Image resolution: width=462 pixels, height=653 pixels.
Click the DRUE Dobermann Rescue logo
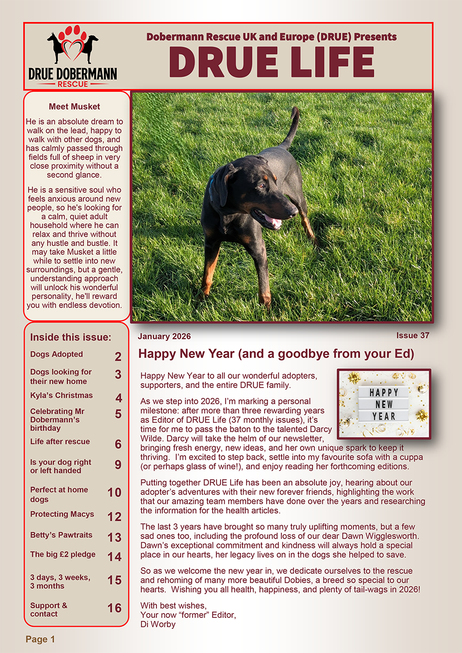pos(72,56)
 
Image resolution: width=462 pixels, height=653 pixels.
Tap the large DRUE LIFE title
pos(271,62)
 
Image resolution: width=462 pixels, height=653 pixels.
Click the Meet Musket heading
pos(74,107)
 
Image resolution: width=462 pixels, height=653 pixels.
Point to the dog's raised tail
pos(291,126)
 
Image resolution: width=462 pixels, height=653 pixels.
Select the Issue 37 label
pos(413,335)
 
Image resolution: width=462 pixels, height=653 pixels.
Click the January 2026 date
pos(164,336)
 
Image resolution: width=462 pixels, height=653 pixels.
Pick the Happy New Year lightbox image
pos(384,404)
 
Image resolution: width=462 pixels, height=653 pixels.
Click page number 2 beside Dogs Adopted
pos(118,357)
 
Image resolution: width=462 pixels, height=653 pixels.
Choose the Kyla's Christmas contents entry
pos(61,395)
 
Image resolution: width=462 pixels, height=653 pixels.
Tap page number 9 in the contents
pos(118,465)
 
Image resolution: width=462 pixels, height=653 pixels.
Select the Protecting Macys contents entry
pos(62,514)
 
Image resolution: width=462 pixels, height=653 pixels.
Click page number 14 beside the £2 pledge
pos(114,557)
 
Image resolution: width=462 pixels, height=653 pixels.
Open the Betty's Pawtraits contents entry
pos(61,535)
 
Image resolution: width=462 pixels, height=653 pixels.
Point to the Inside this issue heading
pos(70,337)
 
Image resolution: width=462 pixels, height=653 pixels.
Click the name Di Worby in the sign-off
pos(158,624)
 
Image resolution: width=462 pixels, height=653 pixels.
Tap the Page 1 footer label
pos(40,639)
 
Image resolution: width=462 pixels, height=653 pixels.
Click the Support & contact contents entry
pos(49,609)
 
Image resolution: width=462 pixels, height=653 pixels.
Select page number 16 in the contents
pos(114,608)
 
